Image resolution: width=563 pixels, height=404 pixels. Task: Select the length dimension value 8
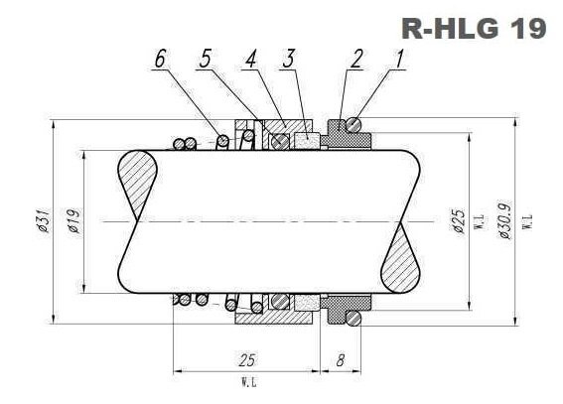[340, 361]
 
